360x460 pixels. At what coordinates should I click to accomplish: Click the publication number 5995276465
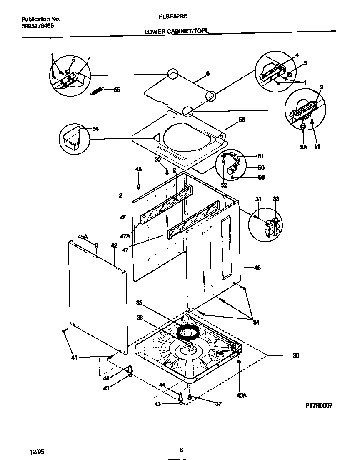[x=37, y=25]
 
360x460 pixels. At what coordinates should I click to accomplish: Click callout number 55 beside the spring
[x=117, y=90]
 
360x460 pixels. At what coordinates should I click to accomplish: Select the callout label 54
[x=95, y=129]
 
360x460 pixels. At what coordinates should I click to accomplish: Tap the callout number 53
[x=241, y=120]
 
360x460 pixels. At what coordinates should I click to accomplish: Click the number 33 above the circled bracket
[x=276, y=199]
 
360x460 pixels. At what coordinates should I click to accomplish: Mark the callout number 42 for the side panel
[x=114, y=246]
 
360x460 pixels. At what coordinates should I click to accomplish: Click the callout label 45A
[x=82, y=237]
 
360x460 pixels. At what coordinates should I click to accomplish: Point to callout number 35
[x=140, y=303]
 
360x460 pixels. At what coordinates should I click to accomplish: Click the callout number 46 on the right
[x=257, y=268]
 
